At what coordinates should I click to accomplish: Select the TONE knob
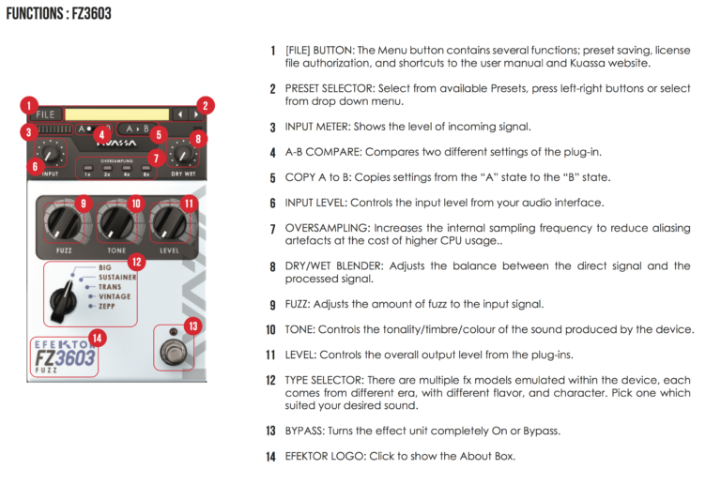[x=115, y=221]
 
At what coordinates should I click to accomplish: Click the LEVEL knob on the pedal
[x=169, y=221]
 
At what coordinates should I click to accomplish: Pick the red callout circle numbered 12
[x=136, y=263]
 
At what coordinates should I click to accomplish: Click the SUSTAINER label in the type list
[x=117, y=278]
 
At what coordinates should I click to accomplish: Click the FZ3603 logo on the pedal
[x=64, y=358]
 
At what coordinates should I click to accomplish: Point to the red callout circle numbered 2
[x=206, y=105]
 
